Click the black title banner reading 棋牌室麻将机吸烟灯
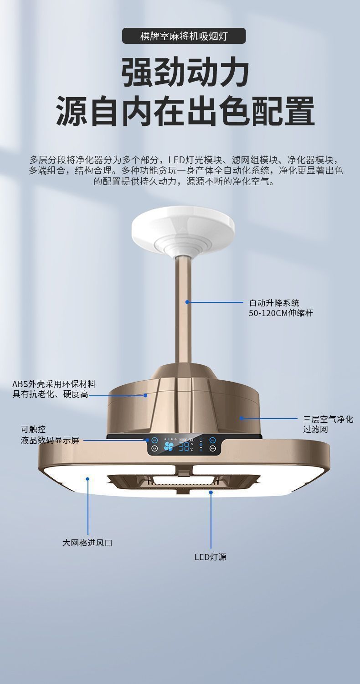pos(184,36)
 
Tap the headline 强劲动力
pos(185,73)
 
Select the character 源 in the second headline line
pos(72,111)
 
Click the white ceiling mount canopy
pos(183,230)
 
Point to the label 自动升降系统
pos(274,303)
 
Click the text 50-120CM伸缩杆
pos(281,314)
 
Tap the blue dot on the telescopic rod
pos(187,302)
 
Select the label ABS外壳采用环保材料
pos(54,384)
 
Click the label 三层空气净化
pos(328,420)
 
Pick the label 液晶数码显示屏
pos(50,440)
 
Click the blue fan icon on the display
pos(169,446)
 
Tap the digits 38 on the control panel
pos(184,446)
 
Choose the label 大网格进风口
pos(87,543)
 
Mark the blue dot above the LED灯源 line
pos(211,492)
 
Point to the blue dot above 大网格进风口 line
pos(87,479)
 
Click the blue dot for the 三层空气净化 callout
pos(242,418)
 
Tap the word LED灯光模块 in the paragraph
pos(196,160)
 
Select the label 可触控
pos(33,430)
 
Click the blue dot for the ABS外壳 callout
pos(145,395)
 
